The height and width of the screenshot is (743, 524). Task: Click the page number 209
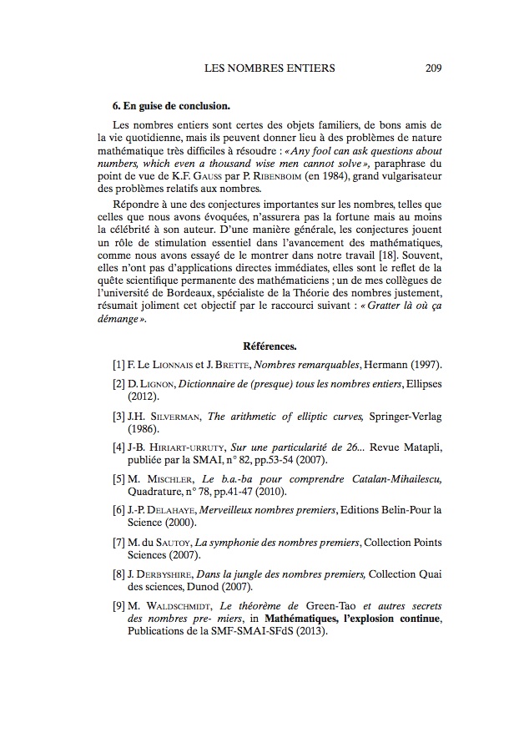tap(433, 68)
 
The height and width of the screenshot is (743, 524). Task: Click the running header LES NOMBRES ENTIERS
tap(270, 68)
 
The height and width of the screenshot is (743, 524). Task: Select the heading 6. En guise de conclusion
tap(171, 108)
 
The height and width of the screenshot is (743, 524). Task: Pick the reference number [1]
tap(118, 366)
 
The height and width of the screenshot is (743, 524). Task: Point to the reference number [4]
tap(118, 446)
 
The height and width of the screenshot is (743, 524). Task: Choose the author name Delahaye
tap(174, 509)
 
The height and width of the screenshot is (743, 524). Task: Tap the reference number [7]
tap(118, 542)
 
